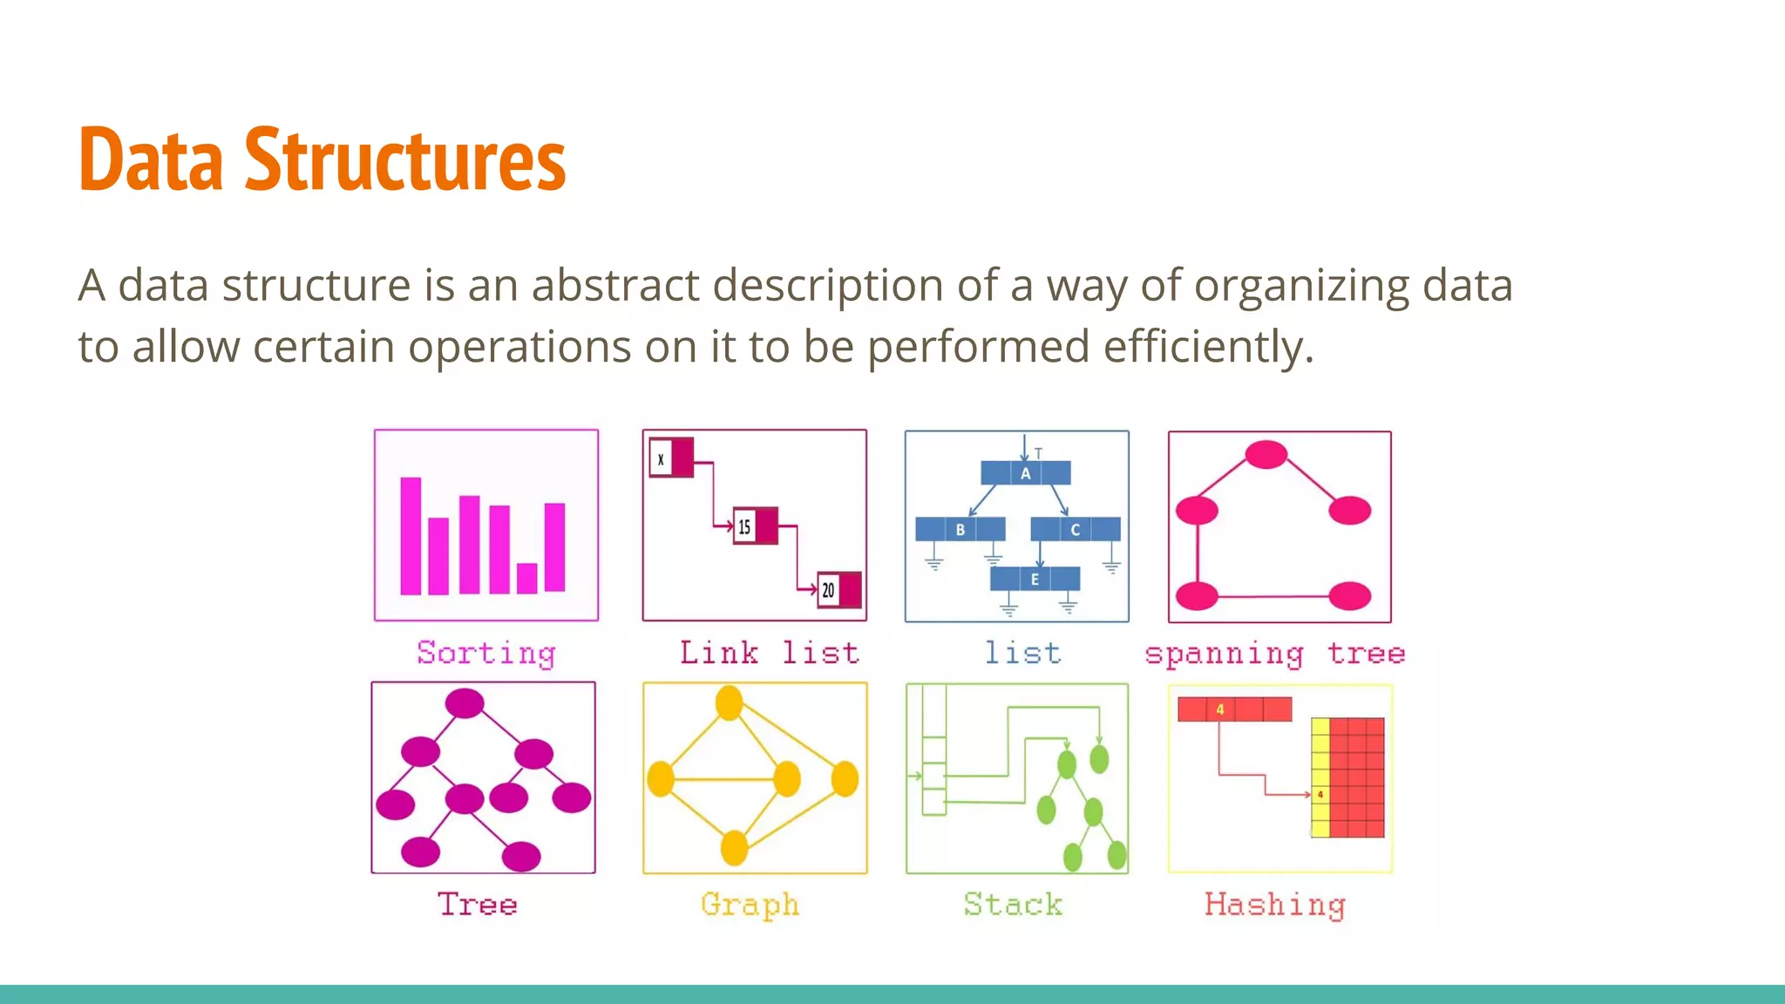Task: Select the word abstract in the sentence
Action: [615, 285]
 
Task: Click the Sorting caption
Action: [485, 654]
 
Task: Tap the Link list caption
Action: [769, 653]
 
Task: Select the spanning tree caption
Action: [1274, 654]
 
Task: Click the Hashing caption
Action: [1274, 905]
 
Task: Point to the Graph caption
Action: [750, 905]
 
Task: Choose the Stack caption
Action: [1013, 905]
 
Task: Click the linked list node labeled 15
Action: [755, 526]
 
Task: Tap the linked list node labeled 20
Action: [838, 590]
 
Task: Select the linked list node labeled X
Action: [671, 458]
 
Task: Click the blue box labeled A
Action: [1026, 473]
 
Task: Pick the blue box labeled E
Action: [1035, 579]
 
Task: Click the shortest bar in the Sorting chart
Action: [526, 578]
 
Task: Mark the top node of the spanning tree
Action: [1266, 454]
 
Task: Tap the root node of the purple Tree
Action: [465, 703]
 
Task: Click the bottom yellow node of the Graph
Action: [734, 847]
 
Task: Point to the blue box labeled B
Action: [960, 529]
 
